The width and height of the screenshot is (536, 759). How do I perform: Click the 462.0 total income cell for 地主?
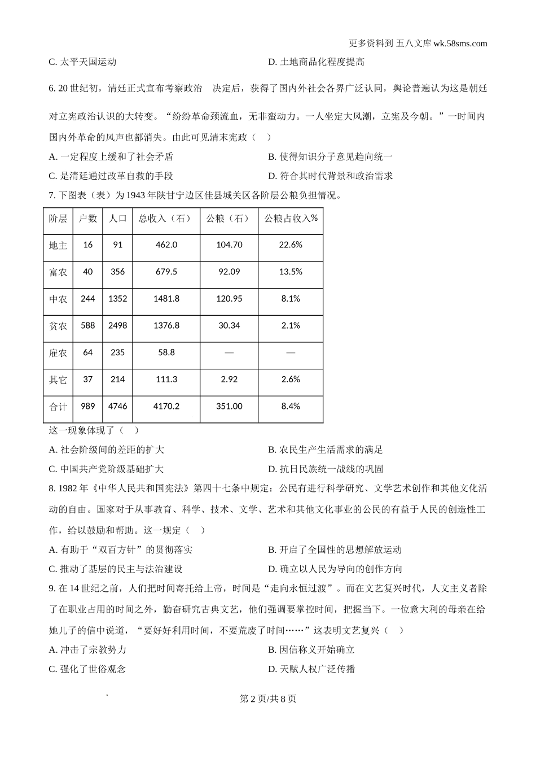click(166, 245)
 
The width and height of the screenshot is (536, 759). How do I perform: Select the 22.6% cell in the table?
click(291, 245)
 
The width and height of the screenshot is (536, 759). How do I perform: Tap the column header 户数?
click(88, 219)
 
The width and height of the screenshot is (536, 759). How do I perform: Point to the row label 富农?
click(58, 272)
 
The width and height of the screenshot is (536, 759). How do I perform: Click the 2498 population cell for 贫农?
click(117, 325)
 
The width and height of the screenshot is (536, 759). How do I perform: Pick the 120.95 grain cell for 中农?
click(229, 298)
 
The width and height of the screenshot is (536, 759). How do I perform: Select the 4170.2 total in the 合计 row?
click(166, 406)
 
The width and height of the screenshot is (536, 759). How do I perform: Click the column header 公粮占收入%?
click(291, 219)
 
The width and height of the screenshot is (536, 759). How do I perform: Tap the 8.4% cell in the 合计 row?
click(291, 406)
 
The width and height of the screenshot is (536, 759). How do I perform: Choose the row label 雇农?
click(58, 352)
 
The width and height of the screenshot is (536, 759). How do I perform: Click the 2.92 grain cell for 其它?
click(229, 380)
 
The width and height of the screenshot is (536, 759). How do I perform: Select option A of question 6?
click(112, 156)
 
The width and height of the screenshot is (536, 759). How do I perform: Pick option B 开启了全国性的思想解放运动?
click(335, 549)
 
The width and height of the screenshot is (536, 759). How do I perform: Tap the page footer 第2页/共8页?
click(268, 699)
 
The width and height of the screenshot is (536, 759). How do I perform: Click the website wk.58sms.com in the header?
click(460, 43)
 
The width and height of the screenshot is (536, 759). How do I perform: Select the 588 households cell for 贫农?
click(88, 325)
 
